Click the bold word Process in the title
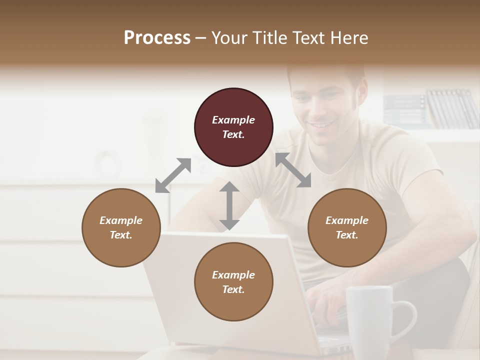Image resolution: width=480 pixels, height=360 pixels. coord(157,38)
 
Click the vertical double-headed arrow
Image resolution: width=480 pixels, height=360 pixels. coord(229,205)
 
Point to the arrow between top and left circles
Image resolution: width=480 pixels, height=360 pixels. coord(173,175)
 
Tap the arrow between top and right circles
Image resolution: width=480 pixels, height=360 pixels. coord(293,170)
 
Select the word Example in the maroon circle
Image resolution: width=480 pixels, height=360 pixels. coord(233,120)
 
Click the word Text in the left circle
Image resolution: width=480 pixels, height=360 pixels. coord(121,235)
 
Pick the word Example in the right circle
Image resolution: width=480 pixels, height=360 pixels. coord(346,220)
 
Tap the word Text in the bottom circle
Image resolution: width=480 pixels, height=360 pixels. coord(233,289)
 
